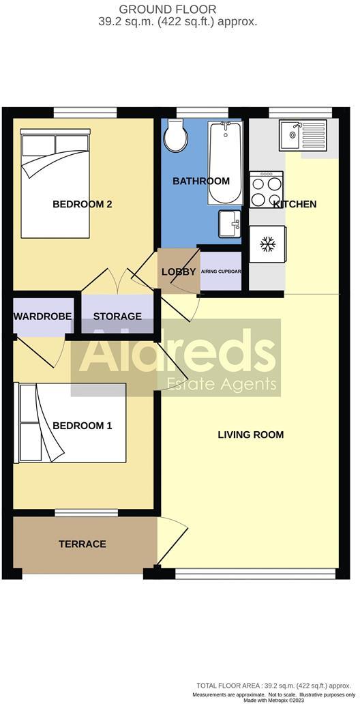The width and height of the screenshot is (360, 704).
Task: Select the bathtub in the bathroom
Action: tap(224, 162)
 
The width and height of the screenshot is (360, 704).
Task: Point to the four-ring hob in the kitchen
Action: tap(267, 189)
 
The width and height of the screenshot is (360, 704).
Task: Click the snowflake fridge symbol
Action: tap(267, 244)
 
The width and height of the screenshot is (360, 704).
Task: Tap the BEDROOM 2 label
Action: tap(82, 204)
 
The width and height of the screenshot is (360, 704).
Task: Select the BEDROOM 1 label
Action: tap(82, 426)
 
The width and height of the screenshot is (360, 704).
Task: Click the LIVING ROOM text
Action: tap(250, 435)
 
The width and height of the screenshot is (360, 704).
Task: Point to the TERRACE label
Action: tap(82, 544)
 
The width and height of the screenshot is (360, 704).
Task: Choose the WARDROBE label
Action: tap(42, 316)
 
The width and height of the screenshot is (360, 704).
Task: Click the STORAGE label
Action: tap(117, 316)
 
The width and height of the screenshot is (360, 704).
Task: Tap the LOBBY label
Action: tap(179, 272)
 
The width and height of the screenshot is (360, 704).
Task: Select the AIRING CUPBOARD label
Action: tap(221, 272)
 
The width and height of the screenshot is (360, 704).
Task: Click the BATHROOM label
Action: tap(200, 181)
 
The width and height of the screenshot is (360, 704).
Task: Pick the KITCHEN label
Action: tap(295, 204)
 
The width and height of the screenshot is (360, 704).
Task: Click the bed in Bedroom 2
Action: tap(56, 186)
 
